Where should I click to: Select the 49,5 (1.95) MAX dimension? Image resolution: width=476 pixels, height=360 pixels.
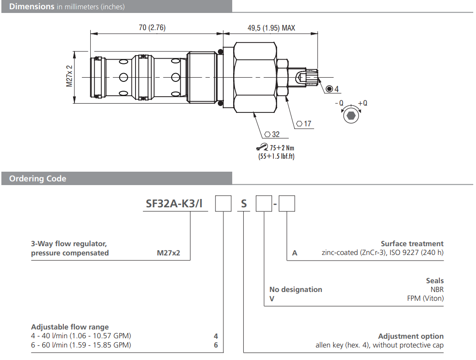click(x=271, y=28)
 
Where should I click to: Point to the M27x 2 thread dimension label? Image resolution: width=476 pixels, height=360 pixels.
click(x=70, y=76)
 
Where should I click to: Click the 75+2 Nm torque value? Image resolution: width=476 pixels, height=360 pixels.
click(x=281, y=148)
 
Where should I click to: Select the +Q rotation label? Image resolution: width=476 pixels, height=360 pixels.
click(x=363, y=103)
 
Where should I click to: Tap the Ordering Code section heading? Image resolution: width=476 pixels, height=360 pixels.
click(x=37, y=179)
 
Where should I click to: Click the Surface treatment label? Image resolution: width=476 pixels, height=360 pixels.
click(x=412, y=243)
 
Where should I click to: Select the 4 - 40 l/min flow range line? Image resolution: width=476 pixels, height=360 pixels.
click(x=81, y=336)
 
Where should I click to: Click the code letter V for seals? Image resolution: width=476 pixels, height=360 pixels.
click(x=272, y=298)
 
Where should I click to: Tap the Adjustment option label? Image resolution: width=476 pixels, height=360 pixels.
click(x=411, y=336)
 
